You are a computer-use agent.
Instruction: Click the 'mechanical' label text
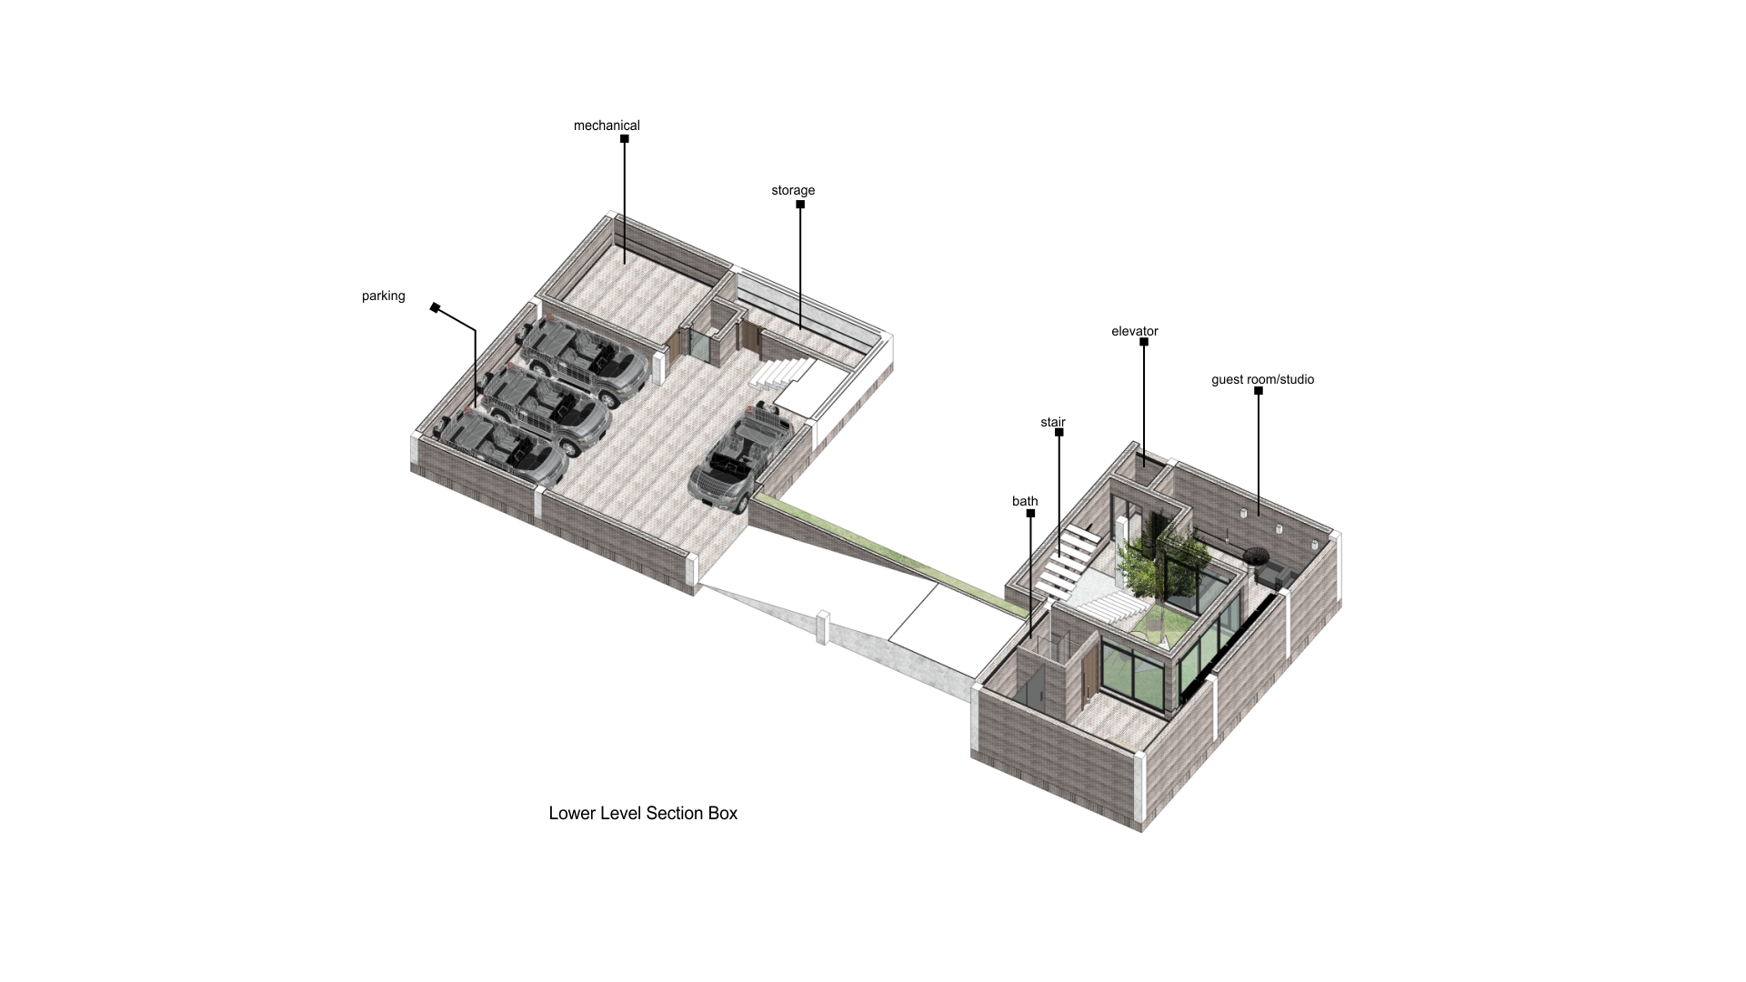point(607,125)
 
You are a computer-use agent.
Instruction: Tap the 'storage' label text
point(793,190)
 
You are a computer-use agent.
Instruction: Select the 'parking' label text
point(383,296)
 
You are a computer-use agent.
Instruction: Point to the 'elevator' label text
point(1134,331)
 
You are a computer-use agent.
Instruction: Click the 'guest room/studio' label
point(1262,379)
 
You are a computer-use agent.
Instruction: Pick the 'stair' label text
point(1052,422)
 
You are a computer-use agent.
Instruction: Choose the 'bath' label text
point(1025,501)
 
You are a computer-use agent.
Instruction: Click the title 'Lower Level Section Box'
point(643,813)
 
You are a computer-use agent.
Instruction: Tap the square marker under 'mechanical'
point(625,139)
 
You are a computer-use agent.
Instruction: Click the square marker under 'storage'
point(800,205)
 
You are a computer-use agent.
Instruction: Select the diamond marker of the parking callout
point(436,308)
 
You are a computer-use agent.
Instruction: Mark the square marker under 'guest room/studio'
point(1259,391)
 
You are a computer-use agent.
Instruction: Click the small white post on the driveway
point(823,626)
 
